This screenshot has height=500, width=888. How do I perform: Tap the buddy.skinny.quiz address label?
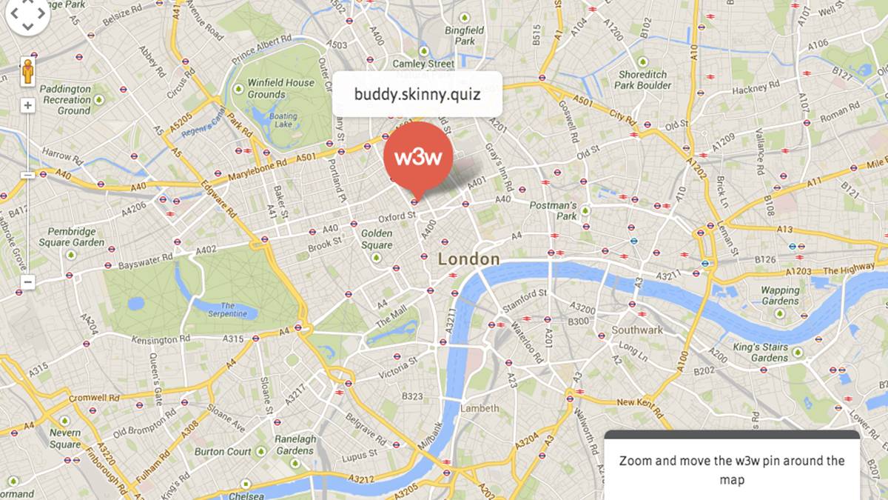pos(417,94)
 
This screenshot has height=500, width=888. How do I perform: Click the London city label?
pos(469,259)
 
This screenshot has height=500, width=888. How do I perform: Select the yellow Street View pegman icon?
pos(28,71)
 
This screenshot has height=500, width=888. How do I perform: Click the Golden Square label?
pos(377,239)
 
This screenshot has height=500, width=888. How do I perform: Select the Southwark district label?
pos(637,330)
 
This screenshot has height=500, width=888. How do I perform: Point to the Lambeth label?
pos(480,408)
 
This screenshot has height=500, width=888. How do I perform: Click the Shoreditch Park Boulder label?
pos(643,79)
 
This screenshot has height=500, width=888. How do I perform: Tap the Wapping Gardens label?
pos(780,296)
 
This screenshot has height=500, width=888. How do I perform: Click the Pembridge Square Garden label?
pos(72,237)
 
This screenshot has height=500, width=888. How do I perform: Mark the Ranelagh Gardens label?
pos(295,444)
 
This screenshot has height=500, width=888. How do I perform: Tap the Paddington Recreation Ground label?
pos(66,99)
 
